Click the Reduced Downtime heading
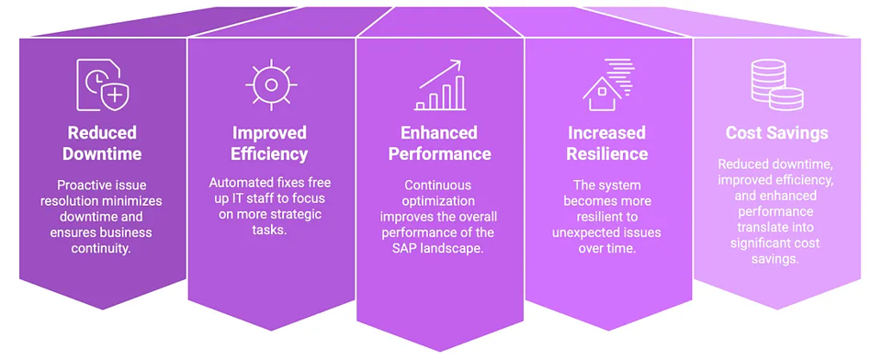[102, 143]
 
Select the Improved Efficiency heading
[269, 143]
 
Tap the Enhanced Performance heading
[439, 143]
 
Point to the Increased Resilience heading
[607, 143]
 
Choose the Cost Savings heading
[777, 133]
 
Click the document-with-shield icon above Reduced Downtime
[102, 84]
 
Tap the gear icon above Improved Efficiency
[271, 84]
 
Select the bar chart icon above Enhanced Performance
[439, 84]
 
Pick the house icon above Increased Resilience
[607, 84]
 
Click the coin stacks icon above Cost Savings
[777, 84]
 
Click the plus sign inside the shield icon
[114, 96]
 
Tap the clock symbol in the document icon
[94, 83]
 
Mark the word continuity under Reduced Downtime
[101, 248]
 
